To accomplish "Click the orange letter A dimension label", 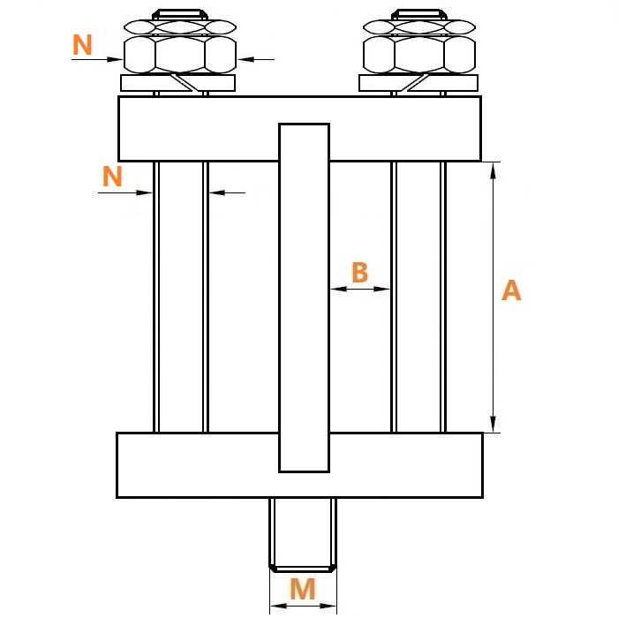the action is (511, 290).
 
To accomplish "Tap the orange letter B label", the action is (360, 272).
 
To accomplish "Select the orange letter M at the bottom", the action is (303, 589).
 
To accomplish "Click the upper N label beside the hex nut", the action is (82, 44).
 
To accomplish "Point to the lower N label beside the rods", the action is (112, 176).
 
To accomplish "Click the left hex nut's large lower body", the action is (180, 55).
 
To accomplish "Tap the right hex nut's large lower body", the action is (419, 55).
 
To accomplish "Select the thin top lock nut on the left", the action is (180, 26).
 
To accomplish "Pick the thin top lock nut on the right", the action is (419, 26).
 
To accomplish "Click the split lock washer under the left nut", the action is (177, 83).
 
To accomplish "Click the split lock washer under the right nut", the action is (418, 83).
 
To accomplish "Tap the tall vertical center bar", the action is (304, 298).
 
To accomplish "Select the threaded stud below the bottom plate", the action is (303, 534).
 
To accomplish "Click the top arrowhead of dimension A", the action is (493, 170).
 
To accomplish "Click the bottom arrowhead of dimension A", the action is (493, 424).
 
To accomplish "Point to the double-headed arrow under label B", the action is (360, 289).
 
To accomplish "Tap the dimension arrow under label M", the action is (303, 606).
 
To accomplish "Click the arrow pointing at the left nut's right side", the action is (256, 59).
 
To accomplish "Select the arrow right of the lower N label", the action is (227, 192).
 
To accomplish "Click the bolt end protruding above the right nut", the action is (419, 14).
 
